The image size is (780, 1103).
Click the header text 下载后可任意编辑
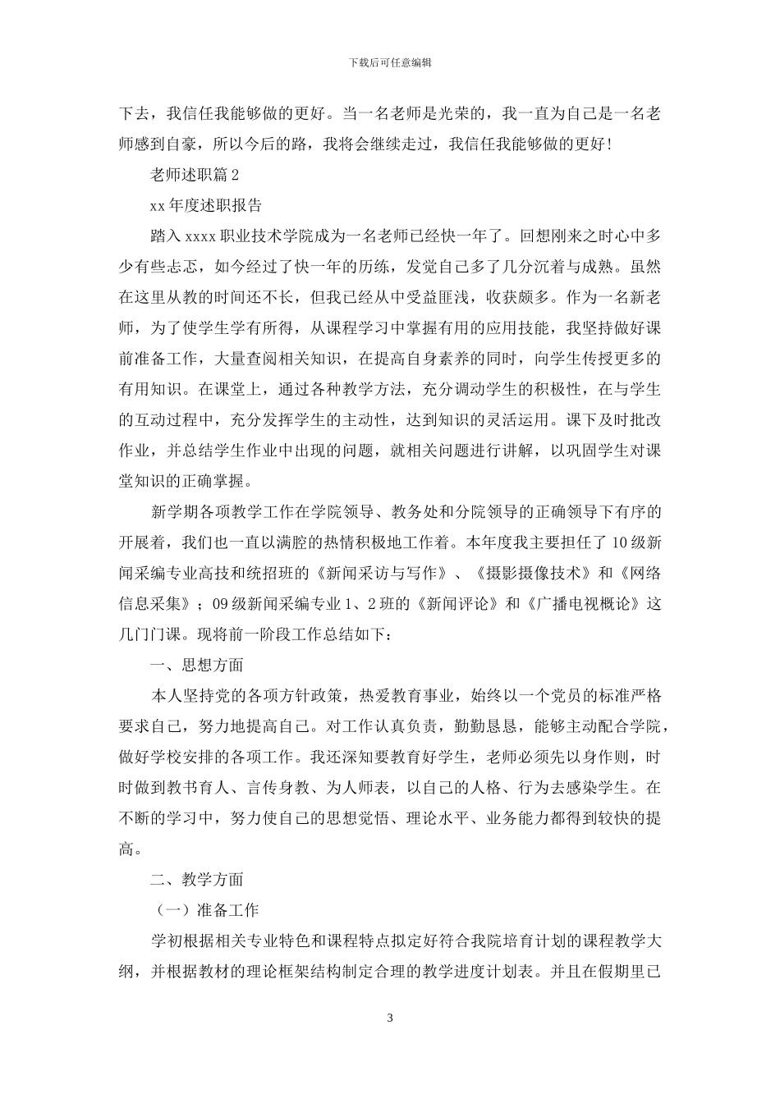[x=390, y=62]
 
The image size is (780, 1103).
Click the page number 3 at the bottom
[x=390, y=1018]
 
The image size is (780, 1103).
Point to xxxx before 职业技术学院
[x=200, y=236]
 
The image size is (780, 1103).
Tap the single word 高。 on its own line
[x=131, y=849]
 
